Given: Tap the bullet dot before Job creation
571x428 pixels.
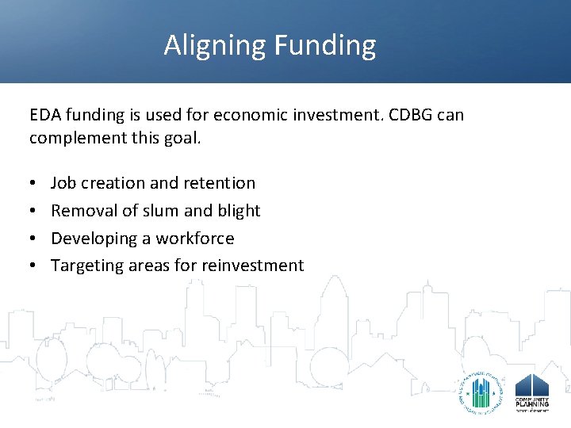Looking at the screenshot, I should (x=33, y=183).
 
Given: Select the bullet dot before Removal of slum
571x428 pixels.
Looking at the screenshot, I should (x=33, y=211).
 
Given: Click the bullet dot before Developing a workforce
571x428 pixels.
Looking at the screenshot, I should (x=33, y=239).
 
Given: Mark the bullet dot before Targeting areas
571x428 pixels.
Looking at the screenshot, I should (x=33, y=266).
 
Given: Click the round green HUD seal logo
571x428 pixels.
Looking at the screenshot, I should (x=479, y=388).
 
